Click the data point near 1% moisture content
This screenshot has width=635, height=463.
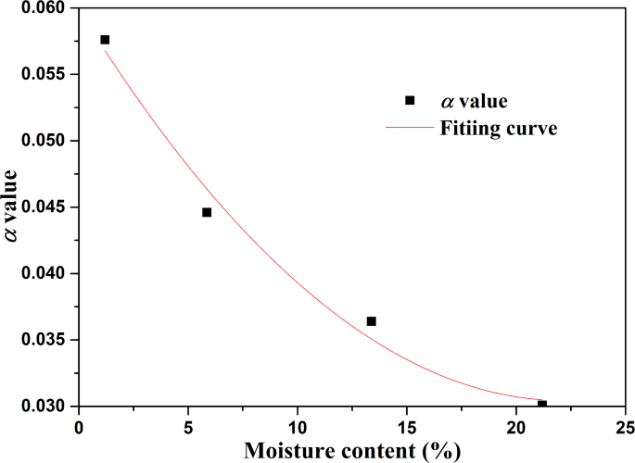(105, 40)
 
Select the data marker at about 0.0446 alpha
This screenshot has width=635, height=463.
(207, 212)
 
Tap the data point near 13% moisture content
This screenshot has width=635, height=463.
(371, 321)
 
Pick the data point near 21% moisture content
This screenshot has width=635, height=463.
(541, 405)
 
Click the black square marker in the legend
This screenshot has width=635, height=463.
(410, 100)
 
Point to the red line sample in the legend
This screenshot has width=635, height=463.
(410, 129)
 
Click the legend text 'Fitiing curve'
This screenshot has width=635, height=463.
(498, 129)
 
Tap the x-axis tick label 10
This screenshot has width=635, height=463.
(298, 427)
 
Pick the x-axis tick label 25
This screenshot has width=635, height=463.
(623, 427)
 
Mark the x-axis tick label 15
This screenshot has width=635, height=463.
(406, 427)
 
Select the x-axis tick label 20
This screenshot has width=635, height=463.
(515, 427)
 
